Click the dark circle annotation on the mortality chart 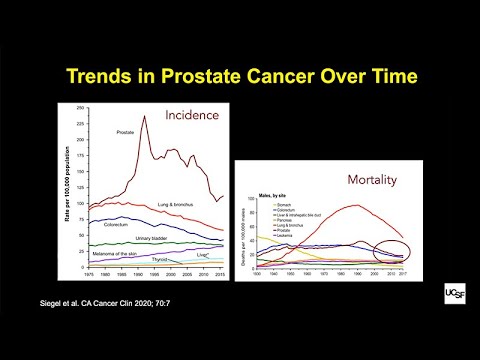click(388, 258)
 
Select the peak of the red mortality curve click(356, 205)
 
